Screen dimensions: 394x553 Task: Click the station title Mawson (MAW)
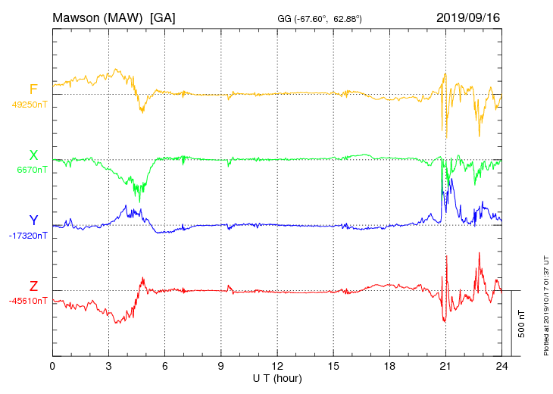tap(98, 17)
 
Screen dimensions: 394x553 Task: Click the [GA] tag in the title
tap(163, 17)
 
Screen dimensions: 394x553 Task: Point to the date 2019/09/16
tap(468, 17)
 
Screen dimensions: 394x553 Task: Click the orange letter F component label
tap(33, 90)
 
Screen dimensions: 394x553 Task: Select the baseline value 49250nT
tap(29, 105)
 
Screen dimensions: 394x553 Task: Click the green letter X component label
tap(33, 156)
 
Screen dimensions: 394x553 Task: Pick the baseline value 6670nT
tap(32, 170)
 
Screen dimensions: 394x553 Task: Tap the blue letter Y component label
tap(33, 220)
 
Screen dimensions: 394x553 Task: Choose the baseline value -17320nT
tap(27, 236)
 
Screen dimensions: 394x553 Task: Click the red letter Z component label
tap(33, 286)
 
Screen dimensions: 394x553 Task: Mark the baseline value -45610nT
tap(27, 301)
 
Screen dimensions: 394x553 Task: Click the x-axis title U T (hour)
tap(277, 377)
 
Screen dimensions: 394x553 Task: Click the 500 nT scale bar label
tap(522, 323)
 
